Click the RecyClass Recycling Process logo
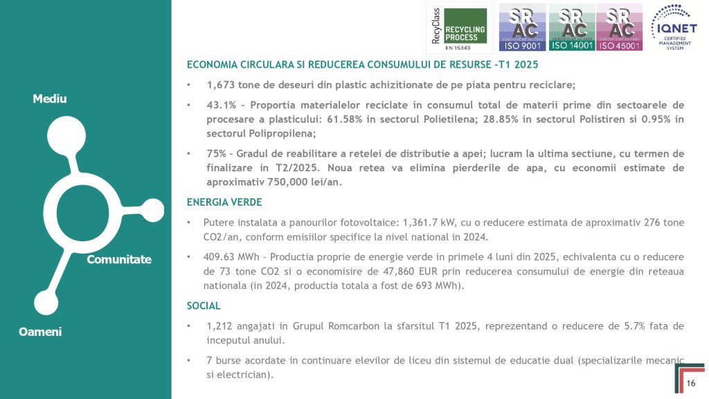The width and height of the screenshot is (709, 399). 458,27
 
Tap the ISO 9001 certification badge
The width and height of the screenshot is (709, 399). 521,27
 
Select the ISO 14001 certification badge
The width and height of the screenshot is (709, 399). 571,27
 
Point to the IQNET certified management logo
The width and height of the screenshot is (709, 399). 678,27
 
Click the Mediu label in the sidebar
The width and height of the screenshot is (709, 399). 50,99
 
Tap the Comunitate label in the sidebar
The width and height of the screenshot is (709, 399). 118,259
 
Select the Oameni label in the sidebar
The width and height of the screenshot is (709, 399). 41,332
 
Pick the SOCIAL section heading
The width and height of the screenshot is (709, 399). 204,305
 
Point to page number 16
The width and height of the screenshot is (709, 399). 691,384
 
